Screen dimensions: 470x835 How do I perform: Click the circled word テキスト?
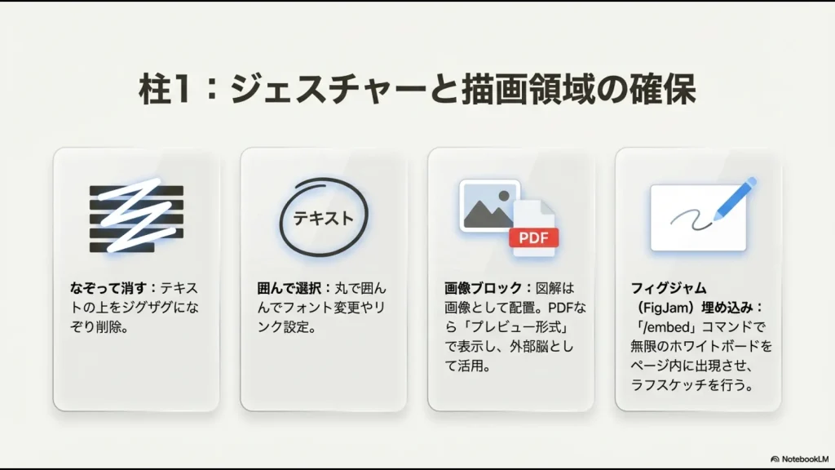point(324,218)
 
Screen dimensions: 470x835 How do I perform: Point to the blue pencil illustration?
point(735,198)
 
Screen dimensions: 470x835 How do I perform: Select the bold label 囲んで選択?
point(290,288)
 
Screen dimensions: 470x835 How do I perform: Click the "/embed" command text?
point(661,327)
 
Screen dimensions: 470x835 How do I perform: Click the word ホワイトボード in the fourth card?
point(715,346)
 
